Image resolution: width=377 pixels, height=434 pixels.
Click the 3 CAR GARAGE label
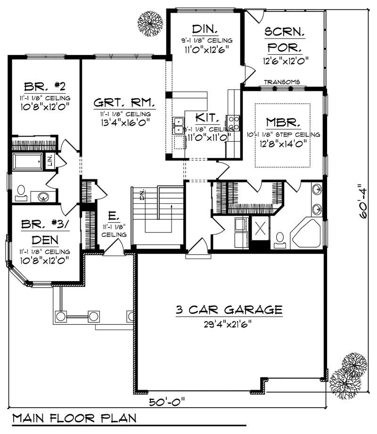pyautogui.click(x=229, y=310)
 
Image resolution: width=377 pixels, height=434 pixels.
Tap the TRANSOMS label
pyautogui.click(x=282, y=82)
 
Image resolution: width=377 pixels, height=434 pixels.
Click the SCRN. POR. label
pyautogui.click(x=285, y=40)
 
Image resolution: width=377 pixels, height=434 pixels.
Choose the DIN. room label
pyautogui.click(x=204, y=29)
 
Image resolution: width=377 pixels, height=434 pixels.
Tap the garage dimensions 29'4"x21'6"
pyautogui.click(x=229, y=323)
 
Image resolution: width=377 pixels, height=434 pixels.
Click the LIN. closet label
pyautogui.click(x=50, y=161)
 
